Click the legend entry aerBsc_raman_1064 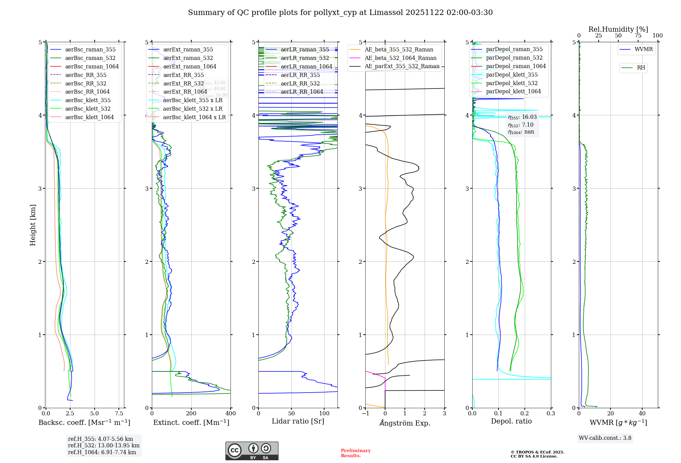tap(92, 67)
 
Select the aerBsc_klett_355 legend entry tap(88, 100)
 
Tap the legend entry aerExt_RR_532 tap(184, 83)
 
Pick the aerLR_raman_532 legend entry tap(305, 58)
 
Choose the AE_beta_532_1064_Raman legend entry tap(400, 58)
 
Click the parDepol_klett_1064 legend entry tap(513, 92)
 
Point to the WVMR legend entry tap(644, 49)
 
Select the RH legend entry tap(641, 68)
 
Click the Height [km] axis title tap(33, 225)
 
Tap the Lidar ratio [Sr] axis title tap(298, 421)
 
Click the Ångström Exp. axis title tap(405, 423)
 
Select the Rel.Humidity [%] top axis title tap(618, 29)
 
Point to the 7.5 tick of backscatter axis tap(119, 414)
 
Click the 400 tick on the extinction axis tap(231, 414)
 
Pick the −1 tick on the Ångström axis tap(365, 414)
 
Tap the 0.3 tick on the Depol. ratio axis tap(551, 414)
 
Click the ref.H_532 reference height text tap(104, 446)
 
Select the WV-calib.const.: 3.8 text tap(605, 438)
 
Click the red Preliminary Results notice tap(355, 453)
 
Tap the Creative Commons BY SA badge tap(252, 451)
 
